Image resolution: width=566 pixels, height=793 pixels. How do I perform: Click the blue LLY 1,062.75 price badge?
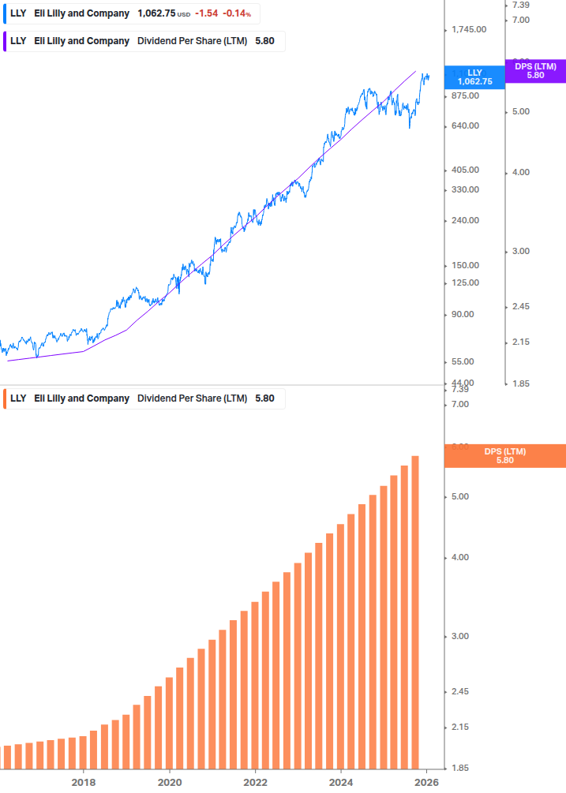[474, 77]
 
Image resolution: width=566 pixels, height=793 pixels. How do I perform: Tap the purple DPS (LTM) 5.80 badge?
[535, 71]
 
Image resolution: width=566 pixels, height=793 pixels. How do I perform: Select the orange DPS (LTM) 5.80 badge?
[505, 455]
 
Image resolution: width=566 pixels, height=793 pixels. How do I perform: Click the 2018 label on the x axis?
[84, 782]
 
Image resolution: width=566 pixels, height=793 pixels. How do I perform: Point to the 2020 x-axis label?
[170, 782]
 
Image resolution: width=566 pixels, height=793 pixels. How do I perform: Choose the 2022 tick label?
[255, 782]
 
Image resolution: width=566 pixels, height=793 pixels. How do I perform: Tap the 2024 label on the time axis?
[341, 782]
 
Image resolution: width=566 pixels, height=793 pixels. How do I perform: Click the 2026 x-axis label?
[427, 782]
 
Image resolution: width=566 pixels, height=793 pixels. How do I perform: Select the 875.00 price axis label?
[465, 95]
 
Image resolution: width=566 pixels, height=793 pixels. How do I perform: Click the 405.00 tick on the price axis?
[465, 170]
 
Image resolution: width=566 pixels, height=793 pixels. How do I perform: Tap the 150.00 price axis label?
[465, 265]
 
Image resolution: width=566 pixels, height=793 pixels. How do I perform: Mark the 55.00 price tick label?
[463, 361]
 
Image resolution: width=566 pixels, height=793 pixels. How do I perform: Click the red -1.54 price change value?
[207, 13]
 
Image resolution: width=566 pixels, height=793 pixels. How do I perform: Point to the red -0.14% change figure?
[237, 13]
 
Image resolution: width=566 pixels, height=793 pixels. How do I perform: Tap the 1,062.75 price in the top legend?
[156, 13]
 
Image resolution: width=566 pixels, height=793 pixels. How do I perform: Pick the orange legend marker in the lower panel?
[5, 398]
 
